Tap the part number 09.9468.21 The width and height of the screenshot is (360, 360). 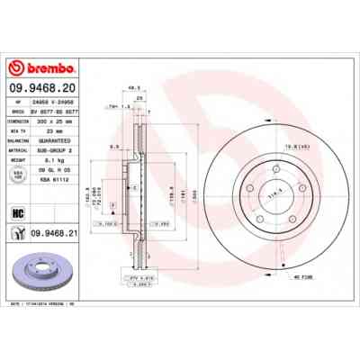pyautogui.click(x=57, y=233)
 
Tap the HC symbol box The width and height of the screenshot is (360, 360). pyautogui.click(x=18, y=213)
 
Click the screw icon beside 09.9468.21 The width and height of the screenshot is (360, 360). pyautogui.click(x=18, y=233)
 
